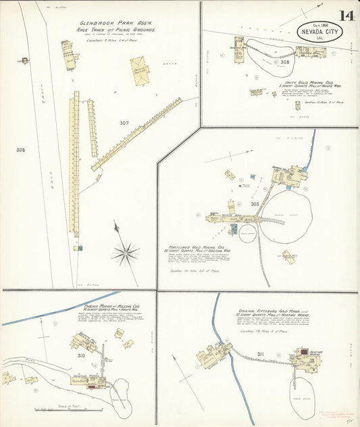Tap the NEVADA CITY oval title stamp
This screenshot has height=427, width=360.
(x=319, y=32)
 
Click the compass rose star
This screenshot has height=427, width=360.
(x=125, y=253)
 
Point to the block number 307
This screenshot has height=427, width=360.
(x=124, y=123)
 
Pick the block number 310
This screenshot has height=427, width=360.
(x=82, y=355)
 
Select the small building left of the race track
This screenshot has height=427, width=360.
(x=24, y=61)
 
